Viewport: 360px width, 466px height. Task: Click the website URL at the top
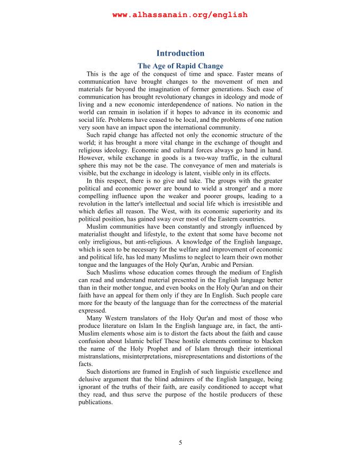tap(180, 15)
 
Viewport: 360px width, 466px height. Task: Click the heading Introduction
tap(180, 53)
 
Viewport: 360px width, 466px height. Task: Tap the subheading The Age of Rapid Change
tap(180, 66)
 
